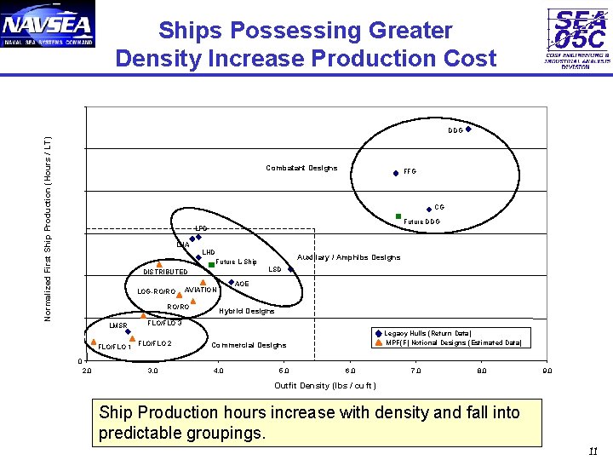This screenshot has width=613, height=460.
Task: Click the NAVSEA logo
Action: point(49,25)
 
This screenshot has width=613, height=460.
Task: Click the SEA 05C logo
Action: point(578,37)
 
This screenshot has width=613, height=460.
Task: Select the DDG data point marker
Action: point(468,129)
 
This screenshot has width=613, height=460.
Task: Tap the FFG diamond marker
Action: point(396,173)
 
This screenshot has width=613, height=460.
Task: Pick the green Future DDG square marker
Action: point(398,216)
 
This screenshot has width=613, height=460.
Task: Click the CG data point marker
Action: point(429,208)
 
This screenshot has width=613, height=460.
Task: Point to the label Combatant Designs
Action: point(301,168)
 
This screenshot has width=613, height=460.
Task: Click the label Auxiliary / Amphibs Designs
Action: point(348,257)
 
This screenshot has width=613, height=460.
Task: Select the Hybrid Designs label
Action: point(247,311)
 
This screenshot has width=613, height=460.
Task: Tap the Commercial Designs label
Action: point(249,345)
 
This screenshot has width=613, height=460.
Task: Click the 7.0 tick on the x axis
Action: point(415,371)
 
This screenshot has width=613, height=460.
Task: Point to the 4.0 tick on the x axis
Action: point(218,371)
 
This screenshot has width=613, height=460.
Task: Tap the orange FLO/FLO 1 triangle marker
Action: point(93,341)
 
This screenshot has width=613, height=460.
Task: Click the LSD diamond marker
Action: point(290,269)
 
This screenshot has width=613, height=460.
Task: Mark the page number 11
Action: point(593,451)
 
